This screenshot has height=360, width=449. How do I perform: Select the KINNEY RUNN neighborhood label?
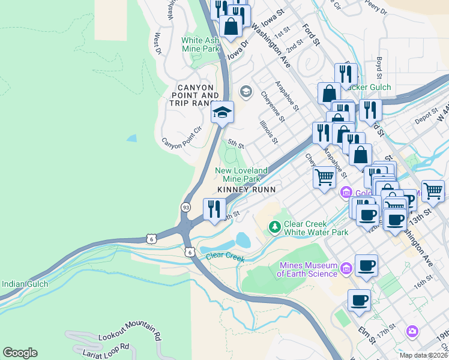246,189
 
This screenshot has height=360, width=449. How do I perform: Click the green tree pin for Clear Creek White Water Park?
274,227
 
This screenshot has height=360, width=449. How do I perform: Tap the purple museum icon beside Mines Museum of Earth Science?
346,268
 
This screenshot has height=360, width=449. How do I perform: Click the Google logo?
20,353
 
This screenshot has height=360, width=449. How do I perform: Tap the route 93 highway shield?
187,206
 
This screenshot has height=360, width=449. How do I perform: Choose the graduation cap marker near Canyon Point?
221,112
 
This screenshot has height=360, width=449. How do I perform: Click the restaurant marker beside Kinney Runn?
214,209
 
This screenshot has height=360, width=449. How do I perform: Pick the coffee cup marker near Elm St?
359,299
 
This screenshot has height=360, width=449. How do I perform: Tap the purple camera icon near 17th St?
412,331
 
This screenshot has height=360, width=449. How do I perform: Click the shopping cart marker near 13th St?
433,191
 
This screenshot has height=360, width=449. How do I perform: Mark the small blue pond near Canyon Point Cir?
131,138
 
